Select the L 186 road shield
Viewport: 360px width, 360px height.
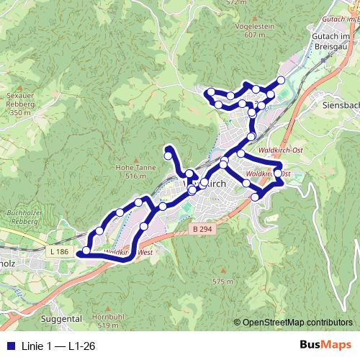coord(60,252)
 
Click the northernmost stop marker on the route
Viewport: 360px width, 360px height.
coord(281,80)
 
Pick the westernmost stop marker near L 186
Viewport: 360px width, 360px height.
coord(86,251)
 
